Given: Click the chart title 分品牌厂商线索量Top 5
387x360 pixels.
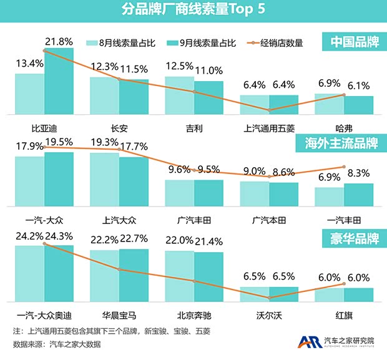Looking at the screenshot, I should point(193,11).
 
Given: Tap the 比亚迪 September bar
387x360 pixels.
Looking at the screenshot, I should point(59,81).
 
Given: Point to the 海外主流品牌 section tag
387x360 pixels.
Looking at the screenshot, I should point(338,143).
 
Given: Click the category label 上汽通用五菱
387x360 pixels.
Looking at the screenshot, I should point(269,128).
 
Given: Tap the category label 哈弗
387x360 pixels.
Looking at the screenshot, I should point(344,128).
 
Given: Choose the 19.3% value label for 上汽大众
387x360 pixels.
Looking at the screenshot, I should point(104,143).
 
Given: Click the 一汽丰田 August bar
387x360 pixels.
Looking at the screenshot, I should point(329,196).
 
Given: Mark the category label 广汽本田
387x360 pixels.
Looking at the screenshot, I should point(269,220).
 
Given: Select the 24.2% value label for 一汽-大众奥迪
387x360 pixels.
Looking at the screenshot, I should point(29,237).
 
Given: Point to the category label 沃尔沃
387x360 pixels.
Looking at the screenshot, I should point(269,314).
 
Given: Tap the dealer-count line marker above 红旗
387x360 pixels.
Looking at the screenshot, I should point(344,284).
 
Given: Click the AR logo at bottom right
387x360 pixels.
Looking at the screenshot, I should point(310,341).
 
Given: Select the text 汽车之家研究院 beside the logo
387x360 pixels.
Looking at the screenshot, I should point(350,340).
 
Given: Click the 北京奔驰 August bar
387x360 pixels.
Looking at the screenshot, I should point(179,276).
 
